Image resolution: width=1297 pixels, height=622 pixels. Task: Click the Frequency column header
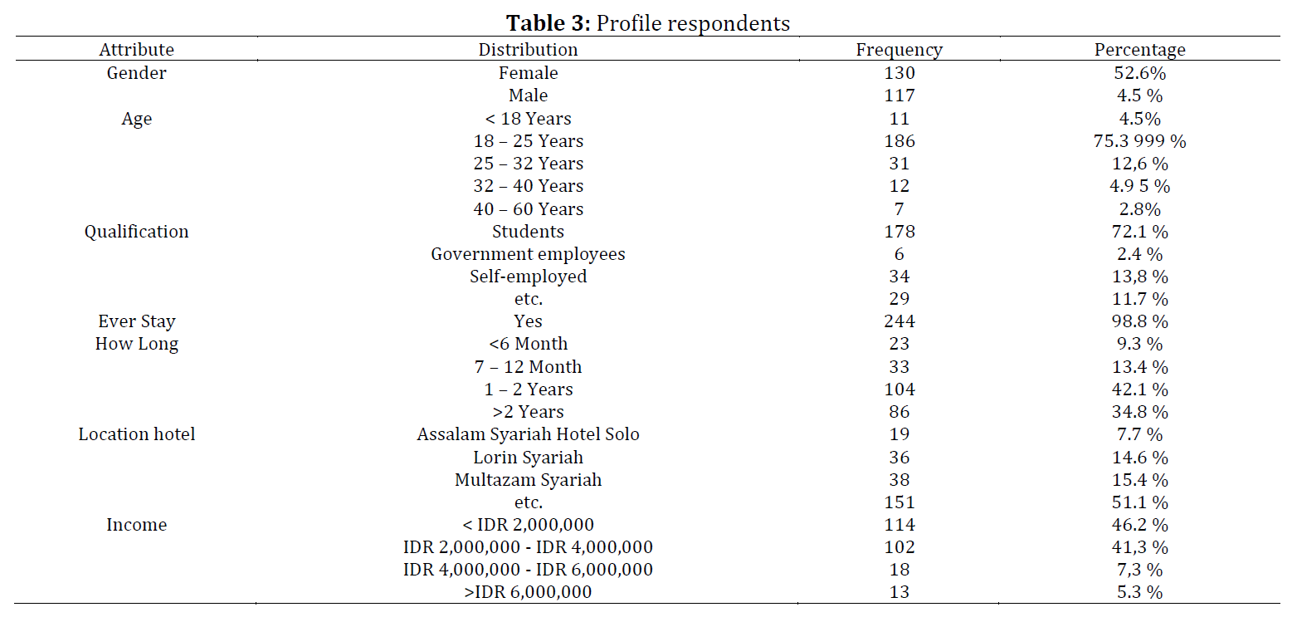click(900, 51)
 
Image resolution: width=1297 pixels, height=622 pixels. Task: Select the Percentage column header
click(1139, 51)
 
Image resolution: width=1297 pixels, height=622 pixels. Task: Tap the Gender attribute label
click(137, 73)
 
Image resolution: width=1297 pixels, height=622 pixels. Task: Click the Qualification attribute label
click(137, 232)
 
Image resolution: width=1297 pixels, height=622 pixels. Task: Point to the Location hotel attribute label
click(137, 434)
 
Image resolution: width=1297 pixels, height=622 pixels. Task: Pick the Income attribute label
click(137, 525)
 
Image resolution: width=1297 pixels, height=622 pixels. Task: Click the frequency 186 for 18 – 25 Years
click(900, 141)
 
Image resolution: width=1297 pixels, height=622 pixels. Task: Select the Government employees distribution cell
click(528, 254)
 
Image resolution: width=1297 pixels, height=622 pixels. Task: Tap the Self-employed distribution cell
click(528, 277)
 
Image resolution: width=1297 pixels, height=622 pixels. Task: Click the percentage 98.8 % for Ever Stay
click(1139, 321)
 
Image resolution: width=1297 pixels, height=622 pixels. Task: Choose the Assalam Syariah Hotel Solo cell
click(528, 435)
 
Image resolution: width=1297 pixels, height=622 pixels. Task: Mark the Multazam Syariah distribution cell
click(528, 480)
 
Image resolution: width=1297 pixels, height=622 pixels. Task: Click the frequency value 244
click(900, 321)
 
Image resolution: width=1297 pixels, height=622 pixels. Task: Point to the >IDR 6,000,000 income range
click(528, 592)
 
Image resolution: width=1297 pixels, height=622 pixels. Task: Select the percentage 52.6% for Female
click(1139, 73)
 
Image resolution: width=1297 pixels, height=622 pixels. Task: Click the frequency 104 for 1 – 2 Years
click(900, 389)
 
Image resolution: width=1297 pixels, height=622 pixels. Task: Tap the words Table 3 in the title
click(548, 23)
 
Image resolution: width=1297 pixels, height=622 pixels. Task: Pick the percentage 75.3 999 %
click(1139, 141)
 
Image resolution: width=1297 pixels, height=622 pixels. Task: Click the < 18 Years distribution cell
click(528, 119)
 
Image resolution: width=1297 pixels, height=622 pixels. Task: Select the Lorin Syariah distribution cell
click(528, 458)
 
